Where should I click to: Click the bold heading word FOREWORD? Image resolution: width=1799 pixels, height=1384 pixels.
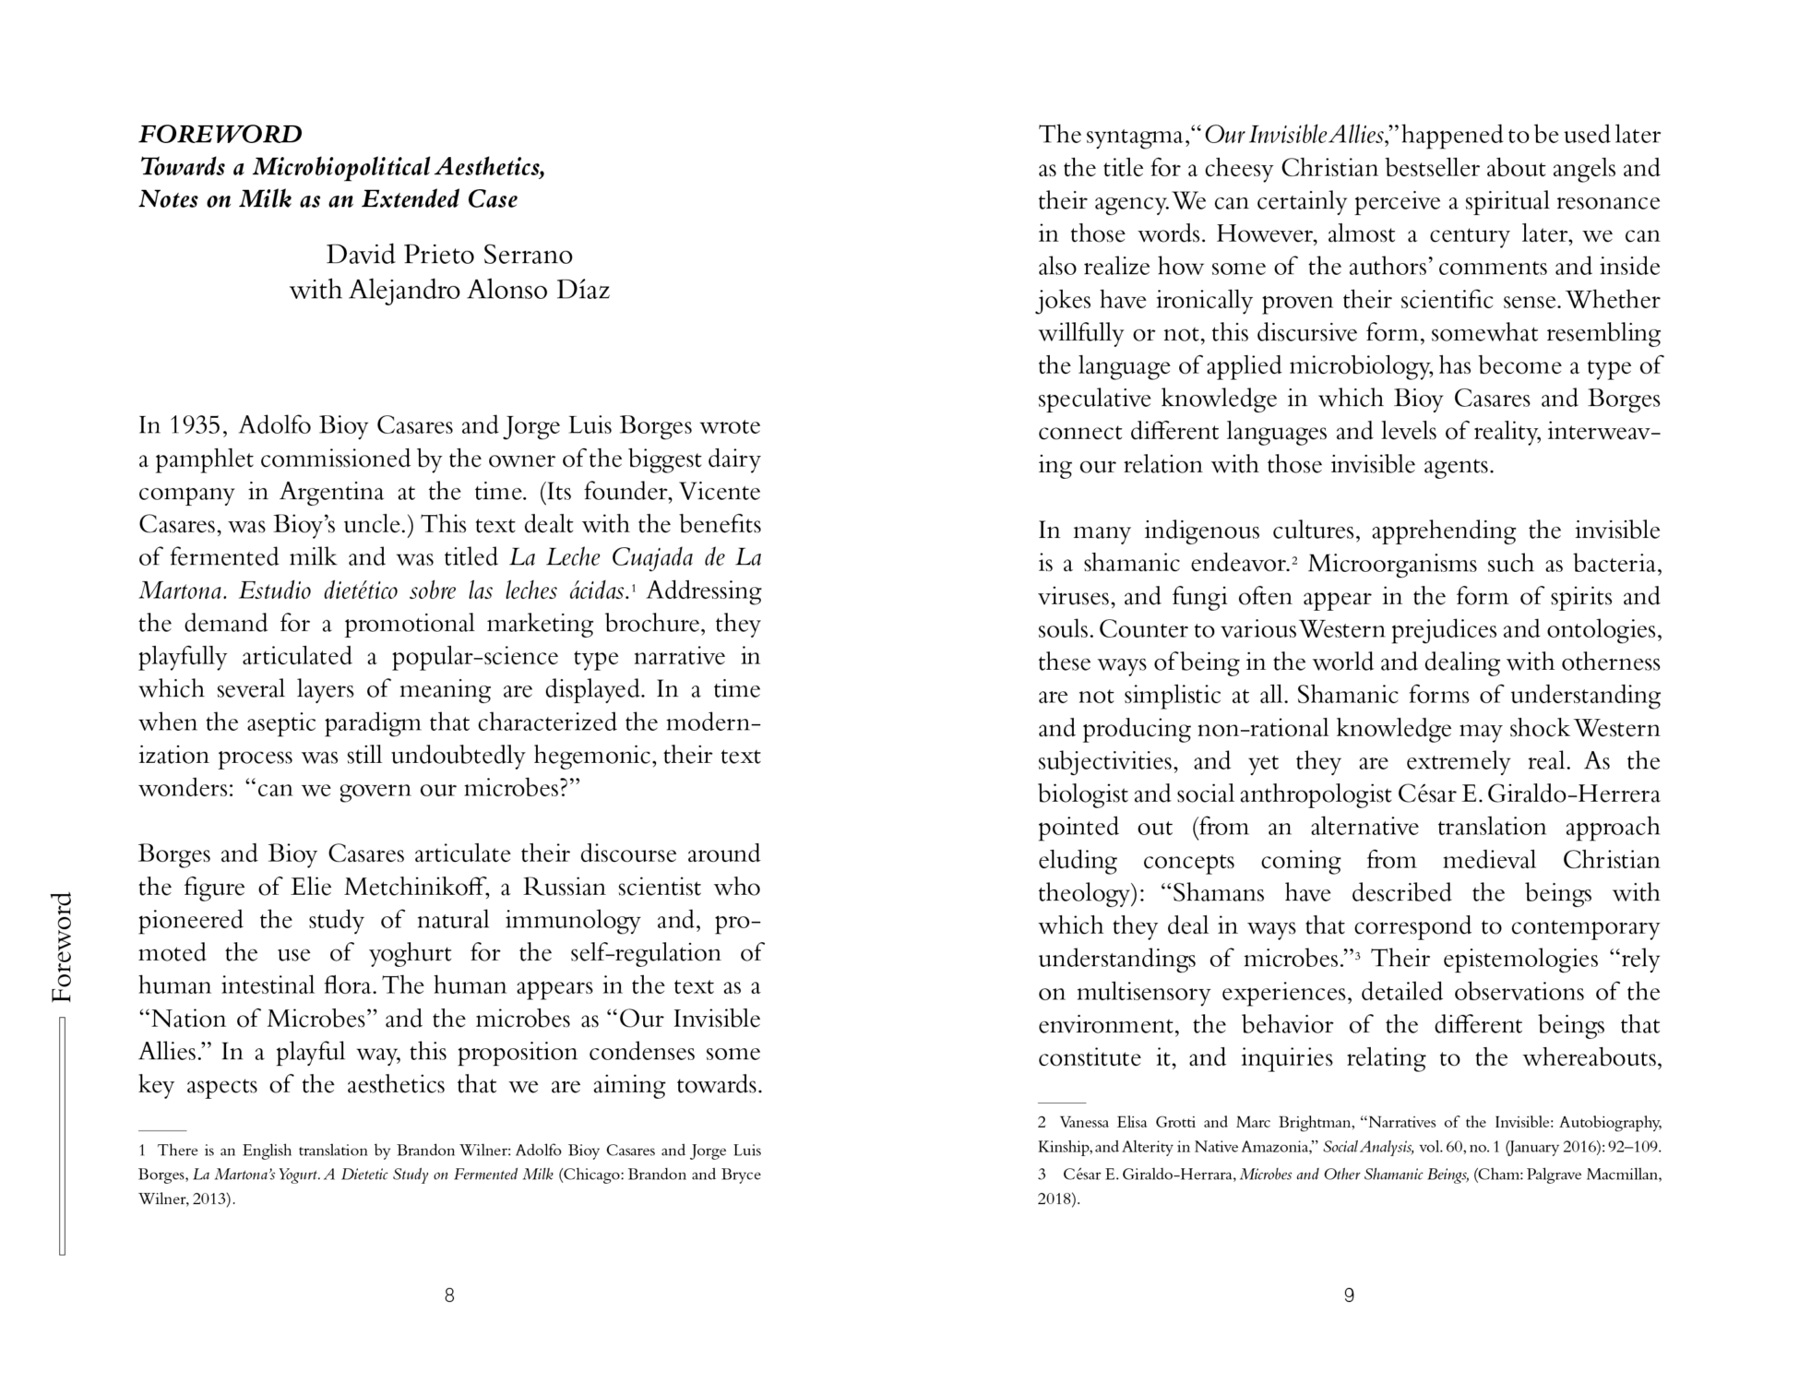pyautogui.click(x=220, y=135)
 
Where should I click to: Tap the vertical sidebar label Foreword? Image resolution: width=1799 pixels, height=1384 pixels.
pyautogui.click(x=61, y=948)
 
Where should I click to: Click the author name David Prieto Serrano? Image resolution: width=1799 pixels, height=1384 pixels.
pyautogui.click(x=449, y=255)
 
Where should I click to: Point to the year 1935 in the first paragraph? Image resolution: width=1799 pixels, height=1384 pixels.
pyautogui.click(x=196, y=426)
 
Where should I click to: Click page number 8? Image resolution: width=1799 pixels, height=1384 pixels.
pyautogui.click(x=449, y=1295)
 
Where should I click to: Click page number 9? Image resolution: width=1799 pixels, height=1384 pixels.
pyautogui.click(x=1349, y=1295)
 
